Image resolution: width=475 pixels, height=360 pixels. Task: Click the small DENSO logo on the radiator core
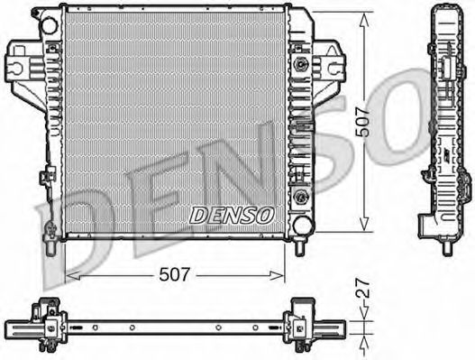click(x=232, y=214)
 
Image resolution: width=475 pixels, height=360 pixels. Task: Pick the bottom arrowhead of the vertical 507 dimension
click(x=363, y=227)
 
